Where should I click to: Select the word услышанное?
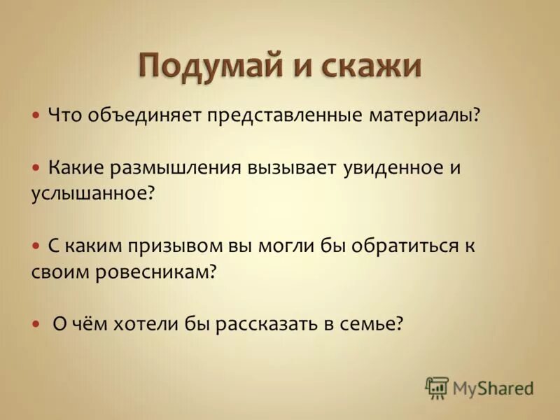[92, 194]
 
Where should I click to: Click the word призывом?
[179, 246]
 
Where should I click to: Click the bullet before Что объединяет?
[36, 114]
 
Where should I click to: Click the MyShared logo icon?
[437, 387]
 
